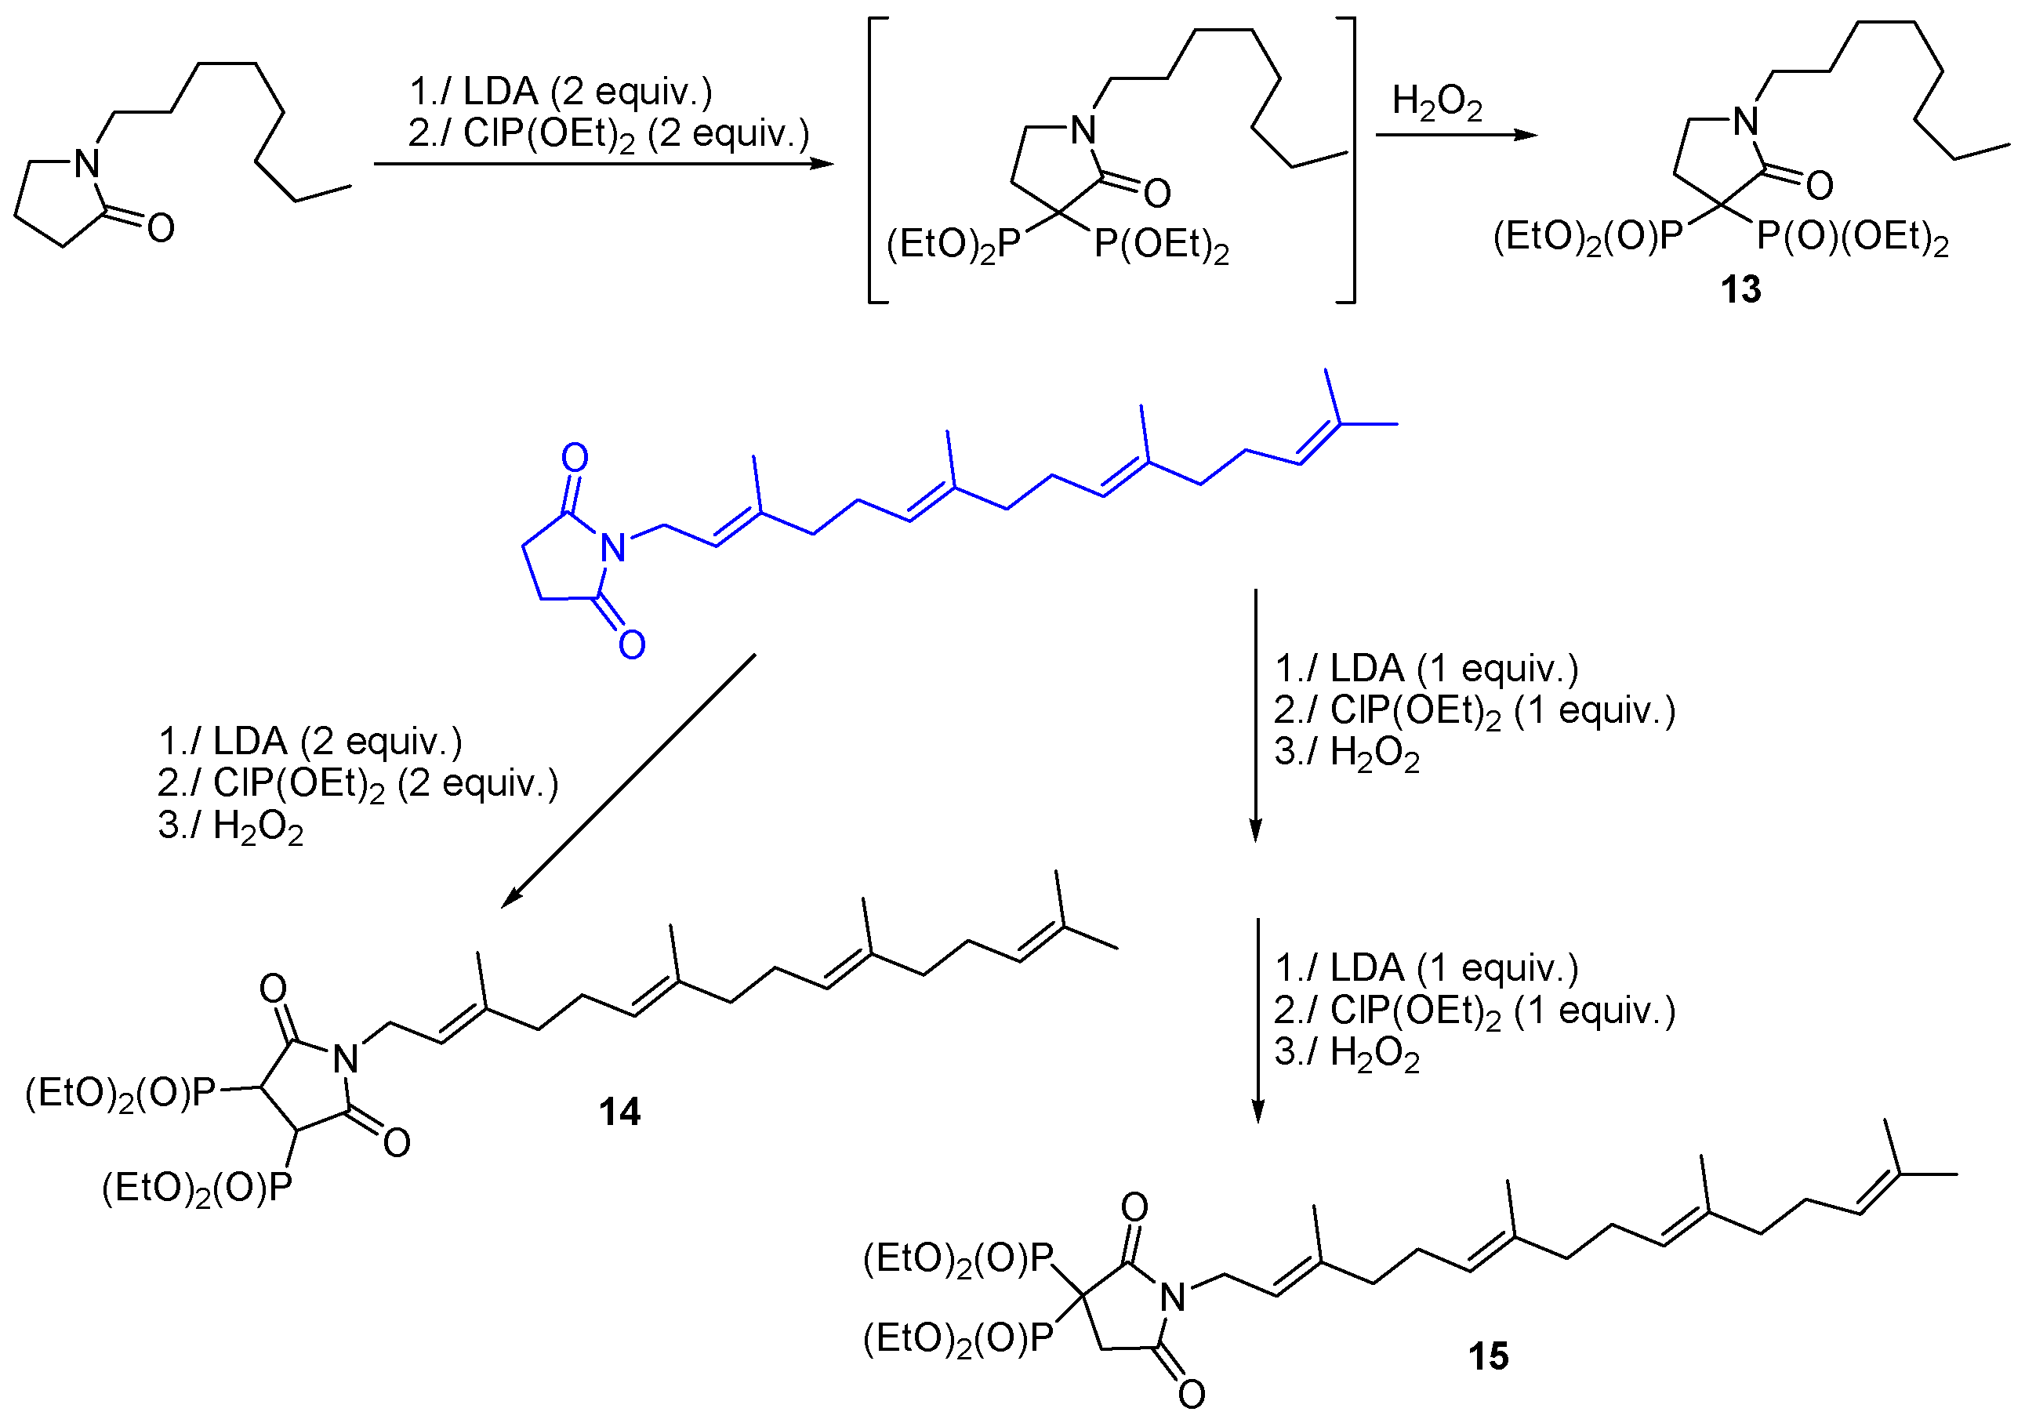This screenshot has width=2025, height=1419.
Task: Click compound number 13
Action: tap(1740, 289)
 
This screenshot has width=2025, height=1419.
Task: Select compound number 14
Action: tap(619, 1112)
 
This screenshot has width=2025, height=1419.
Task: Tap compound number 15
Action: tap(1488, 1355)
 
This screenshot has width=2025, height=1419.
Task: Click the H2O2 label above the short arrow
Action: tap(1437, 102)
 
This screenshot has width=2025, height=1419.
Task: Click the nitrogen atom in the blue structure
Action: tap(613, 549)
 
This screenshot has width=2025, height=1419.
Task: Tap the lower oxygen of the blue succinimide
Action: tap(632, 644)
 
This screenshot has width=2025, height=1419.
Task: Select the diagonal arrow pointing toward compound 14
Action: tap(628, 782)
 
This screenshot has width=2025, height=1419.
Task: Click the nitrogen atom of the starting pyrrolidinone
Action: tap(86, 164)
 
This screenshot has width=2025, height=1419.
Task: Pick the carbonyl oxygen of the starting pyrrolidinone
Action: tap(161, 228)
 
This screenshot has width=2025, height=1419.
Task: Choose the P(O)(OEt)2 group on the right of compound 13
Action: tap(1852, 238)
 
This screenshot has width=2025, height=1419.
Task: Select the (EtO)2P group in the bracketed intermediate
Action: tap(953, 245)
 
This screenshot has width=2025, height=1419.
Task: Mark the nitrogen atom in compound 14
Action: tap(345, 1059)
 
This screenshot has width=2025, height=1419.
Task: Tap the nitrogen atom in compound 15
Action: tap(1172, 1297)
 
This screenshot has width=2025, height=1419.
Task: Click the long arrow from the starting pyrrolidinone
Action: tap(604, 163)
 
